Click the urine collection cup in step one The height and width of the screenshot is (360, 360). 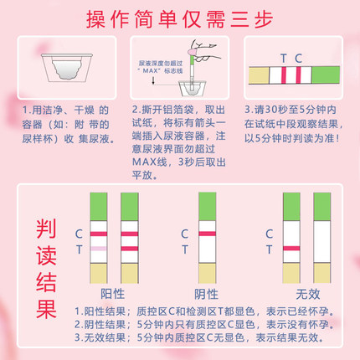pos(59,66)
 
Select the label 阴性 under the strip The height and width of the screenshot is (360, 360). pos(206,292)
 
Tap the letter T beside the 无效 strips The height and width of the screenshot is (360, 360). pos(269,249)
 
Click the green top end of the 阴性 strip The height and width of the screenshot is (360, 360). pos(206,205)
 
